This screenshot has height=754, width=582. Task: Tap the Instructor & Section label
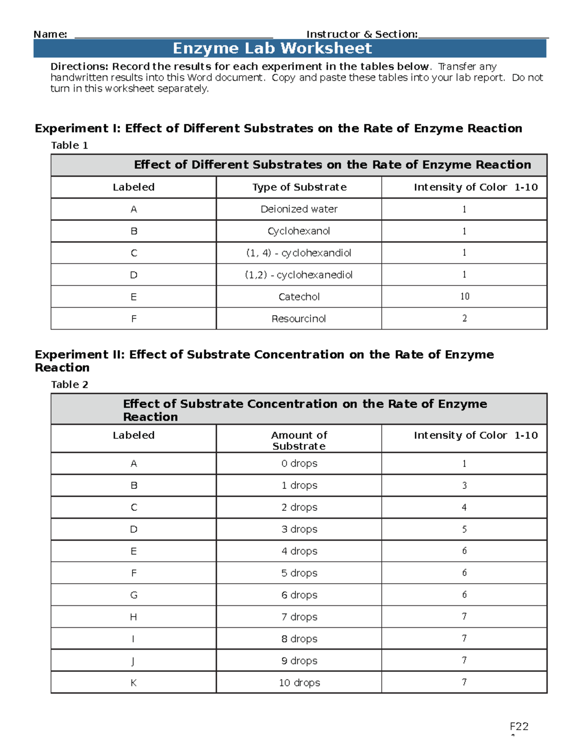[x=362, y=34]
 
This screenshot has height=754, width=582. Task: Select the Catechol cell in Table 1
[x=299, y=297]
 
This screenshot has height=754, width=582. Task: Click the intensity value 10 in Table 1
[x=464, y=297]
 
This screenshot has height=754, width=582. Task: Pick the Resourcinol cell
[x=299, y=319]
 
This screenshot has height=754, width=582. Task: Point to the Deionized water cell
[x=299, y=209]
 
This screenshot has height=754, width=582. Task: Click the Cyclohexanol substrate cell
[x=299, y=231]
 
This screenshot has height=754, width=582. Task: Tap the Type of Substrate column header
[x=299, y=187]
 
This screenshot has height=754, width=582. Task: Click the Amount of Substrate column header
[x=299, y=440]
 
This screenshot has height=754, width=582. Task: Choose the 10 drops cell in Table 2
[x=299, y=683]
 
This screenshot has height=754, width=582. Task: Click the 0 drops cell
[x=299, y=464]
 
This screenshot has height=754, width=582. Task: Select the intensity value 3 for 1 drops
[x=464, y=486]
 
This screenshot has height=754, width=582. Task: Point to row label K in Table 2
[x=134, y=683]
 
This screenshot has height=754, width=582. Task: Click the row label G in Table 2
[x=134, y=595]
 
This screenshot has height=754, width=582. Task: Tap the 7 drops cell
[x=299, y=617]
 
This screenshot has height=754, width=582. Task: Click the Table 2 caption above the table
[x=70, y=385]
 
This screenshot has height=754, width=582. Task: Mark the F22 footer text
[x=518, y=726]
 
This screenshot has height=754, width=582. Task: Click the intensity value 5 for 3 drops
[x=464, y=529]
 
